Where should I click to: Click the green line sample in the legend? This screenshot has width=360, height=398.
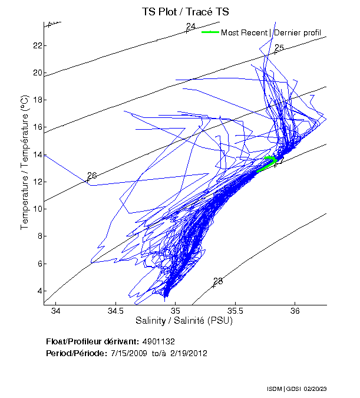210,32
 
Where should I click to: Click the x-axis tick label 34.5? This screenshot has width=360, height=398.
115,311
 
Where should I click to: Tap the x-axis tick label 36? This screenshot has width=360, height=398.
295,311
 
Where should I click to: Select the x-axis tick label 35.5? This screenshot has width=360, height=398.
235,311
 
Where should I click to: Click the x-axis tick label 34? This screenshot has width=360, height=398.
56,311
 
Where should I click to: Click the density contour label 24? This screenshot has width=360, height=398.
190,27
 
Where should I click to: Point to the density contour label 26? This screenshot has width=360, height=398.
91,176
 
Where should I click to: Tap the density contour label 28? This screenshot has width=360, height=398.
218,281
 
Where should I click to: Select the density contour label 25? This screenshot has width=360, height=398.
279,48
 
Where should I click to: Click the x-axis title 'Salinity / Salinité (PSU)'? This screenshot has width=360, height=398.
185,321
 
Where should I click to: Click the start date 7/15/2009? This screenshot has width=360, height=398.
128,353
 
